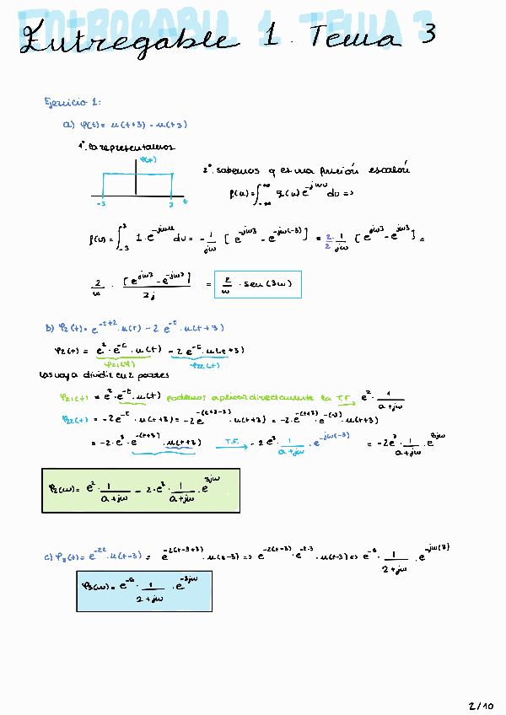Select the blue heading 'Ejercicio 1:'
(x=73, y=103)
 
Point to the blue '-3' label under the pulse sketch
(x=100, y=204)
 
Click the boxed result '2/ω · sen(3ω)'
(x=257, y=285)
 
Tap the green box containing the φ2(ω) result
(x=141, y=490)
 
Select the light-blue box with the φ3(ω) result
(x=143, y=590)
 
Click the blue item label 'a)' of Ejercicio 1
(x=69, y=125)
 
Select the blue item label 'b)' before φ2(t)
(x=49, y=329)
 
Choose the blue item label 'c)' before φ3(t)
(x=47, y=557)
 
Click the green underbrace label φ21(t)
(x=106, y=364)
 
